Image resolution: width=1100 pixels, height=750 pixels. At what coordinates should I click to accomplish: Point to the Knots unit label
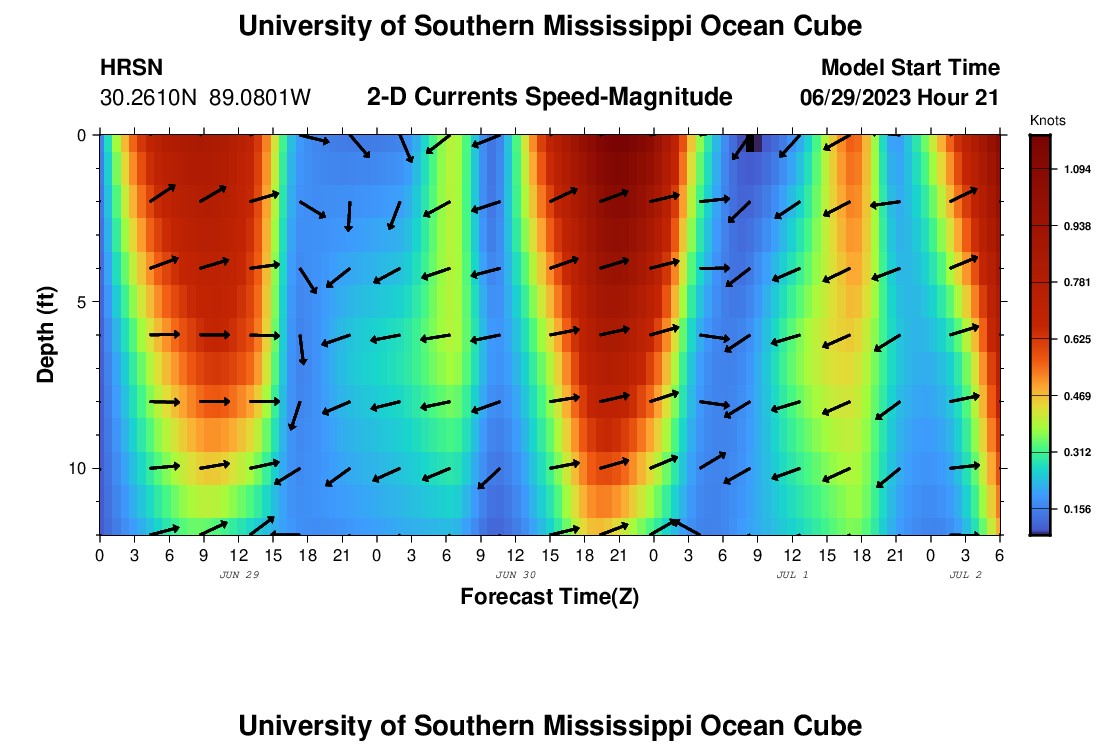pyautogui.click(x=1047, y=120)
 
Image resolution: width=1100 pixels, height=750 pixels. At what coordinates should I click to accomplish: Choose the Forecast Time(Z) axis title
pyautogui.click(x=549, y=597)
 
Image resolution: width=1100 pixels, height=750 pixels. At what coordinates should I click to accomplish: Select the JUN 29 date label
pyautogui.click(x=238, y=575)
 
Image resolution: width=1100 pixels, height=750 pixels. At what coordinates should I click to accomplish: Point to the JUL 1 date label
pyautogui.click(x=792, y=575)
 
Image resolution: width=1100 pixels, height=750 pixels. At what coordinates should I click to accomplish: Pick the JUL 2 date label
pyautogui.click(x=965, y=575)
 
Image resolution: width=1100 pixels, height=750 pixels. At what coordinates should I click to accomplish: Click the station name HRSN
pyautogui.click(x=131, y=68)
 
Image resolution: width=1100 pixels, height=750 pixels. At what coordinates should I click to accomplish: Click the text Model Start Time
pyautogui.click(x=909, y=68)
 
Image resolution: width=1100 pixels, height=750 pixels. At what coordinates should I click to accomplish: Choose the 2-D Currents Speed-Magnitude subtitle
pyautogui.click(x=549, y=97)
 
